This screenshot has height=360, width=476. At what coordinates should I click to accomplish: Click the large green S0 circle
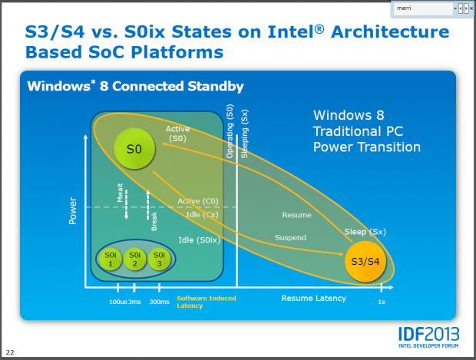(134, 150)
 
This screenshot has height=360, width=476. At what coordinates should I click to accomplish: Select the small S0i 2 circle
(135, 259)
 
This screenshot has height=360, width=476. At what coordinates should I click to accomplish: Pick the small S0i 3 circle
(158, 259)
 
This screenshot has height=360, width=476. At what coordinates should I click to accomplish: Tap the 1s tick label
(381, 302)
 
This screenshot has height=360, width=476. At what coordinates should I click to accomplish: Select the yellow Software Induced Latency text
(206, 302)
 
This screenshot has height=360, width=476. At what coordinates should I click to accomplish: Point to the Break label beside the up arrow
(154, 221)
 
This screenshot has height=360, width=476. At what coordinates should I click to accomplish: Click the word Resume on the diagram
(296, 216)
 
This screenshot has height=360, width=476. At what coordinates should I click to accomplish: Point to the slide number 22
(11, 352)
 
